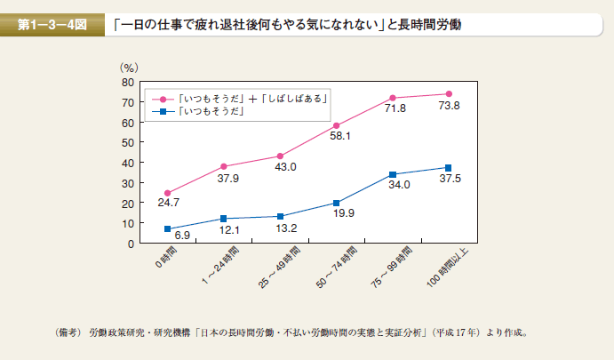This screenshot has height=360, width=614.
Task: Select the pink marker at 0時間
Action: [167, 193]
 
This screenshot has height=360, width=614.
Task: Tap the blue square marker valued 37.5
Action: [449, 167]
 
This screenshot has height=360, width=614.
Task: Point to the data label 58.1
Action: [340, 136]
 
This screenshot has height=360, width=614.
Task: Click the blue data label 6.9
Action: [182, 235]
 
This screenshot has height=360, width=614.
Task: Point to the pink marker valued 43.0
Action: [280, 156]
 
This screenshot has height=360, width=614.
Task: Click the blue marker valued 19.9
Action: [337, 203]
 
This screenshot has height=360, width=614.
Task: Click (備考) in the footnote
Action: [68, 334]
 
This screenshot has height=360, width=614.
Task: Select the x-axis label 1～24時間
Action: [226, 268]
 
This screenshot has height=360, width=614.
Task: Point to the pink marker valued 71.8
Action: [393, 98]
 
